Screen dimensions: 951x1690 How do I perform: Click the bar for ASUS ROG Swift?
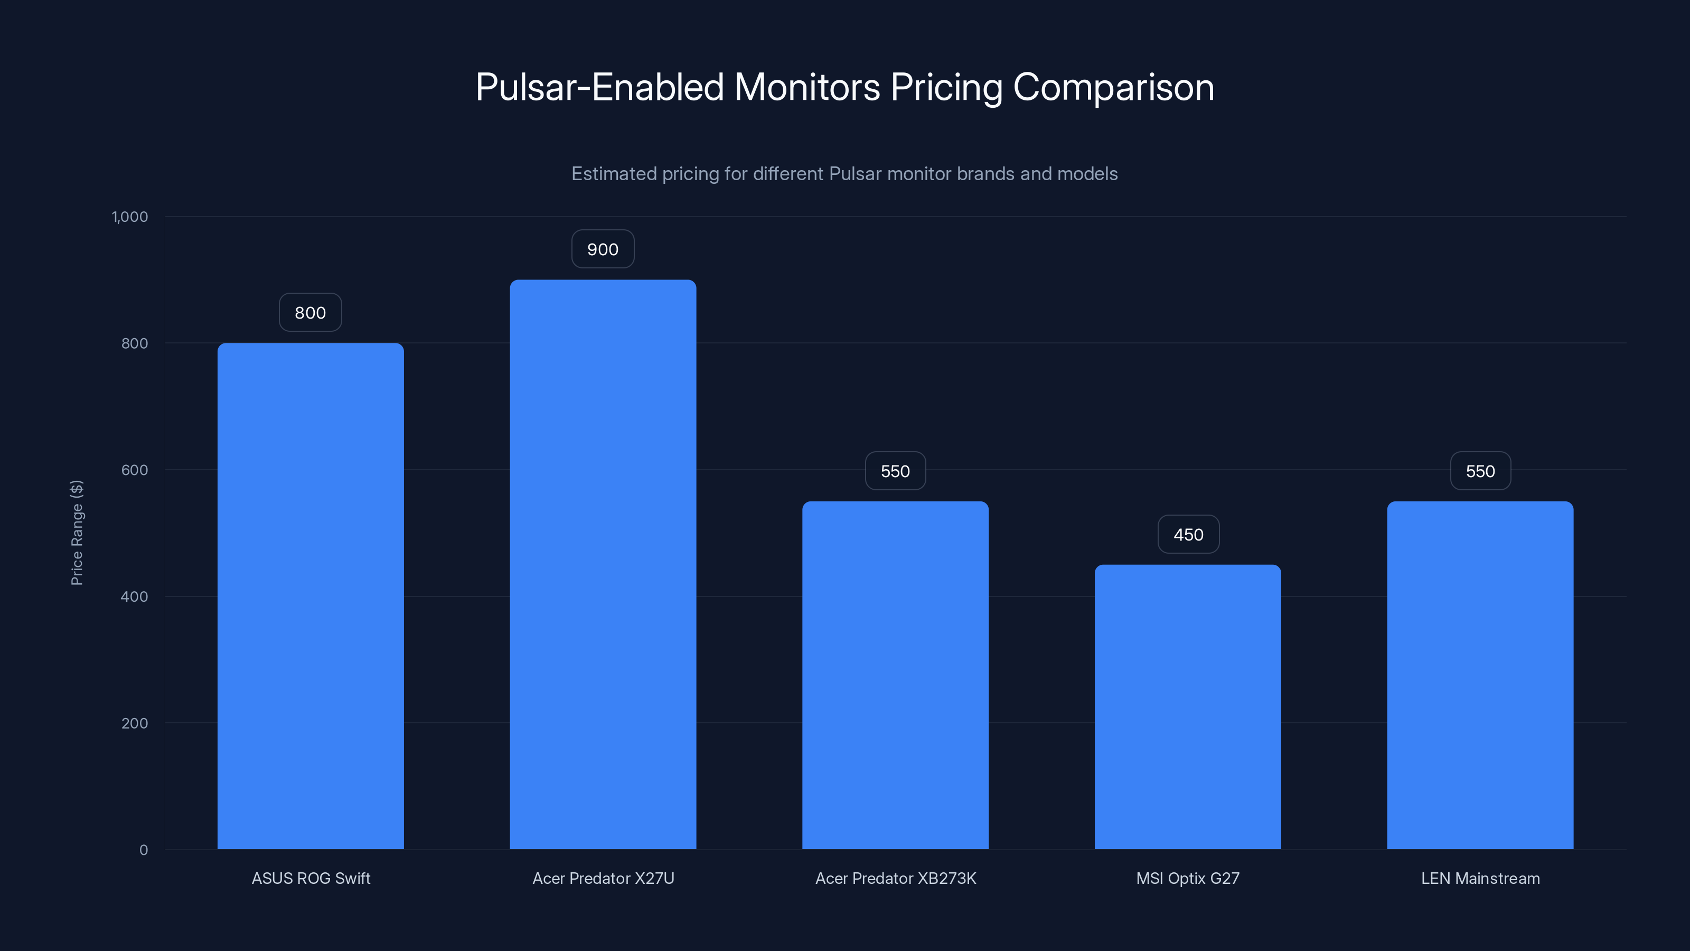311,596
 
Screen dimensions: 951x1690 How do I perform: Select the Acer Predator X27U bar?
603,564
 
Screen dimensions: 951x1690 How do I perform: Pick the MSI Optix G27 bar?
1187,707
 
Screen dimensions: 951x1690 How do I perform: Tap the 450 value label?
1188,534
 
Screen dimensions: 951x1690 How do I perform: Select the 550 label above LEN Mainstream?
1480,471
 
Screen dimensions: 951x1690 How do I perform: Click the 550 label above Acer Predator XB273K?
895,471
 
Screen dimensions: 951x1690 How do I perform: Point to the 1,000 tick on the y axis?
130,217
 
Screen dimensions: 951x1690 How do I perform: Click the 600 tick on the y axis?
135,470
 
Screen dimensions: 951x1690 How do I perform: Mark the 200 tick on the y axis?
135,723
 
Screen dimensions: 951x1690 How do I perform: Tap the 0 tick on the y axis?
144,850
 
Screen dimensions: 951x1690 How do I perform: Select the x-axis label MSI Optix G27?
1187,878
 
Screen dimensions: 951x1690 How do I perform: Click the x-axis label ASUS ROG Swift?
311,878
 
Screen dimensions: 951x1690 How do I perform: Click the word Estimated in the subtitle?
613,174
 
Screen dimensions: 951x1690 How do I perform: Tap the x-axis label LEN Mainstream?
1480,878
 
